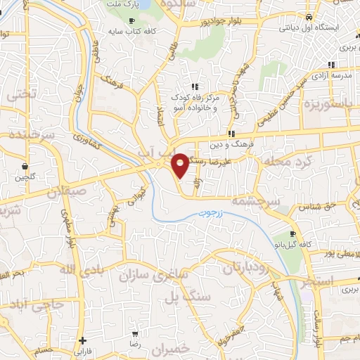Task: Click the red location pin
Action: (180, 163)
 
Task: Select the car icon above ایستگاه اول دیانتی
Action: (309, 16)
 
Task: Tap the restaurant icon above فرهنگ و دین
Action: (231, 134)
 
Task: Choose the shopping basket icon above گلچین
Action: (25, 167)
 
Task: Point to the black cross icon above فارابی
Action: (83, 340)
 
